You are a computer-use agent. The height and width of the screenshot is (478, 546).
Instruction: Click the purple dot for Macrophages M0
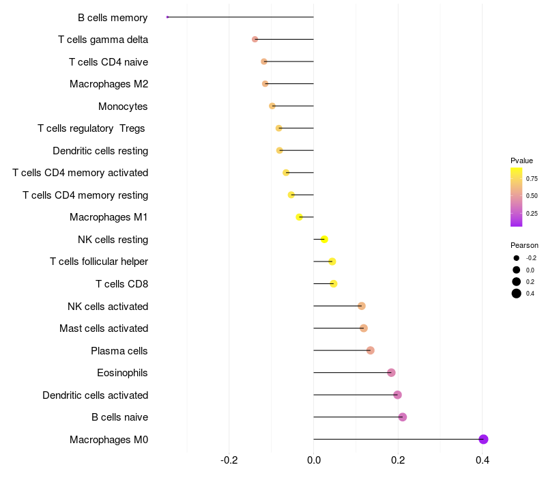pos(483,439)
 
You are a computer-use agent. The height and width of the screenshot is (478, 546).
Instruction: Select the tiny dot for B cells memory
pos(167,17)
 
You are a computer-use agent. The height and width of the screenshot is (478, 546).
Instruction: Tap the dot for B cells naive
pos(403,417)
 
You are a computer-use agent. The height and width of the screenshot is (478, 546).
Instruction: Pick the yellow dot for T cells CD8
pos(334,283)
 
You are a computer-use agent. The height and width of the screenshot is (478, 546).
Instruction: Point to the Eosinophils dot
pos(391,373)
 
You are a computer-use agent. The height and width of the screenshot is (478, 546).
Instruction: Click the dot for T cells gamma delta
pos(255,40)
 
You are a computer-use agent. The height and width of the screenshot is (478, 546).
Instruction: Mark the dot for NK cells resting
pos(324,239)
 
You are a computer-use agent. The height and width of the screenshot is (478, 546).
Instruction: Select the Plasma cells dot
pos(371,350)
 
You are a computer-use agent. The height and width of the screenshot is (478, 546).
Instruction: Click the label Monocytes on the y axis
pos(123,107)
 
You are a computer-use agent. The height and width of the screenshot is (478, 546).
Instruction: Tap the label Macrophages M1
pos(109,217)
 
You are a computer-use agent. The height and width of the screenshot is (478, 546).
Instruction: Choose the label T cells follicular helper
pos(99,262)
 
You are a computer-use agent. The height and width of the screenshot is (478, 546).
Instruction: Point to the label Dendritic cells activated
pos(95,395)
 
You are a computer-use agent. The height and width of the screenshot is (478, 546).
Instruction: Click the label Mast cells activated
pos(104,328)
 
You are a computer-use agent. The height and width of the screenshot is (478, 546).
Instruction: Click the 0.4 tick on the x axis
pos(483,460)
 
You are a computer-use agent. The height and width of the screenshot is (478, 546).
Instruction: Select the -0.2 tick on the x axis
pos(229,460)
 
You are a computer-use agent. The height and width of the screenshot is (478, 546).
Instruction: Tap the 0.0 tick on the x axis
pos(313,460)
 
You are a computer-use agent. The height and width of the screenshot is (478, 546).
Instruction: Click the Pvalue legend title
pos(521,160)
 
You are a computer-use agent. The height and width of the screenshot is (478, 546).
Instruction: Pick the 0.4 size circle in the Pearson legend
pos(517,294)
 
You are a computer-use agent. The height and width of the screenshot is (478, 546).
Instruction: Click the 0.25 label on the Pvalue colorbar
pos(532,214)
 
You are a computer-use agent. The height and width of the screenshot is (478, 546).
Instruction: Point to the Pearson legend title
pos(524,245)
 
